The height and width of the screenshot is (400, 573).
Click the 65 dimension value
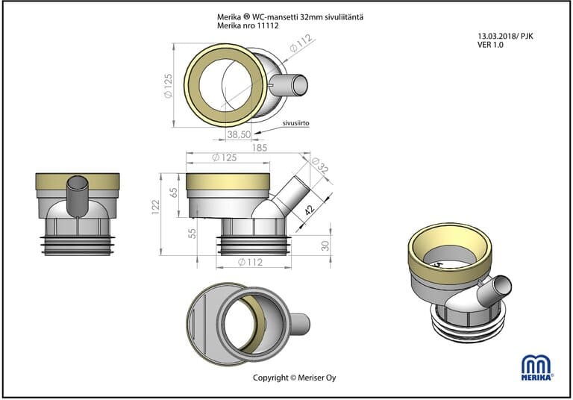coord(174,193)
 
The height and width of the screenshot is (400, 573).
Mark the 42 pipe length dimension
coord(309,212)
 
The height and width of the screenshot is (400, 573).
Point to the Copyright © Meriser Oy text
coord(295,378)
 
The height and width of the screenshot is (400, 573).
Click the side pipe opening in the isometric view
coord(504,284)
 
